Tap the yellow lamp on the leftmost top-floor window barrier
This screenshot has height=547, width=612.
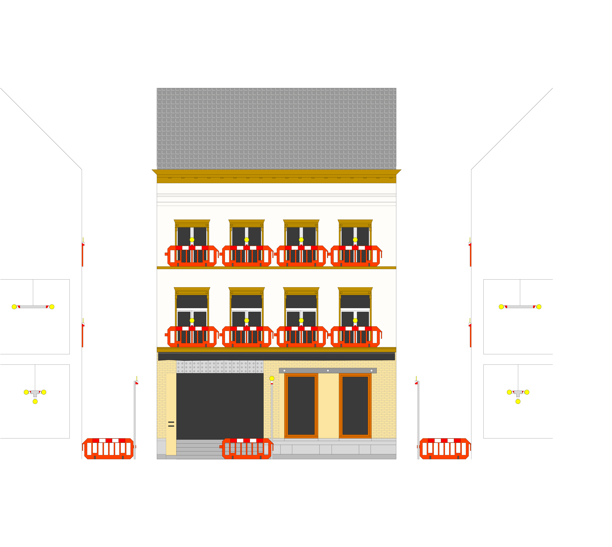pyautogui.click(x=192, y=239)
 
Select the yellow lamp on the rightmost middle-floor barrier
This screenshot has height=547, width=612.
pyautogui.click(x=355, y=320)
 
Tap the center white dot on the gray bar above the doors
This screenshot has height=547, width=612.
pyautogui.click(x=328, y=371)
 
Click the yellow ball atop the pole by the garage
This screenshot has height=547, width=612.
pyautogui.click(x=272, y=378)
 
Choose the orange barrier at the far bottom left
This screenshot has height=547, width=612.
pyautogui.click(x=108, y=449)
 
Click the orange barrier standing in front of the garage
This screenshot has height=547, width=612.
pyautogui.click(x=247, y=449)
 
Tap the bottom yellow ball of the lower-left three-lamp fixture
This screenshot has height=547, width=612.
pyautogui.click(x=35, y=402)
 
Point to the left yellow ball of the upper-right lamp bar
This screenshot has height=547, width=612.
pyautogui.click(x=501, y=307)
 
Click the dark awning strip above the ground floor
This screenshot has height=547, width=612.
pyautogui.click(x=276, y=357)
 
